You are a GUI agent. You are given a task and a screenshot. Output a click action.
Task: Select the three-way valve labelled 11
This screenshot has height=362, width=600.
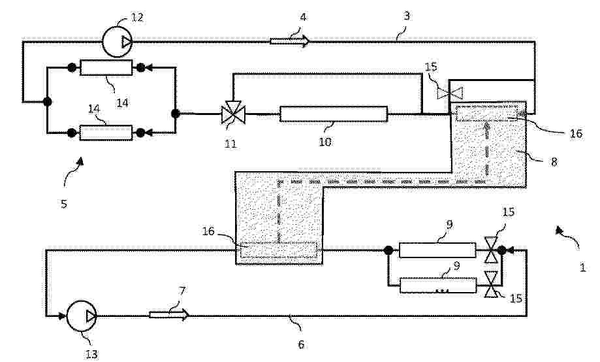pos(234,112)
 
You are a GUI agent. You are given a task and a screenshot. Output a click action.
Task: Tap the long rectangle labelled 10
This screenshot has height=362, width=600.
pos(333,114)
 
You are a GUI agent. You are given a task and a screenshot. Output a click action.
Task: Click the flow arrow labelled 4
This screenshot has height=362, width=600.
pos(290,41)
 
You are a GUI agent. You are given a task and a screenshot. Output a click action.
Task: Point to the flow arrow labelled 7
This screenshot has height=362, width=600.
pos(168,315)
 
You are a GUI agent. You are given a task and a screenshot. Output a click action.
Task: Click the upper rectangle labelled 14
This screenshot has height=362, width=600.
pos(106,67)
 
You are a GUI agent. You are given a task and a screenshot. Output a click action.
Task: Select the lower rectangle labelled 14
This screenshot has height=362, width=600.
pos(106,133)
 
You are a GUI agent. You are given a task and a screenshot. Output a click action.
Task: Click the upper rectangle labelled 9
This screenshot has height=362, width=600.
pos(437,250)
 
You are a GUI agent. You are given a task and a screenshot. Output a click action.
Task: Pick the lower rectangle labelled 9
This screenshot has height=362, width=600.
pos(438,286)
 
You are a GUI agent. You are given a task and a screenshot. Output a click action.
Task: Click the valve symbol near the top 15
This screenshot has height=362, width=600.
pos(450,93)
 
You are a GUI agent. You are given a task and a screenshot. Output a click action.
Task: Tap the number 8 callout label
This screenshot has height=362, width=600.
pos(554,162)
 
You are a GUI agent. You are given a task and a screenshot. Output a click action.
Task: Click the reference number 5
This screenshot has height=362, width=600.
pos(64,203)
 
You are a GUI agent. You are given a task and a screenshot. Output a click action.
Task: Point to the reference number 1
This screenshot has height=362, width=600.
pos(582,267)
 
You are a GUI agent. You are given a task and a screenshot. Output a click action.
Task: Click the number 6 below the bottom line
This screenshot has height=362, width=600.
pos(301,344)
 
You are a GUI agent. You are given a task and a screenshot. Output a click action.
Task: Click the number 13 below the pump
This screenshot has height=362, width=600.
pos(91,354)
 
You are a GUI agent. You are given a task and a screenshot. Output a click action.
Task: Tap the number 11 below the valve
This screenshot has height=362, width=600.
pos(230,144)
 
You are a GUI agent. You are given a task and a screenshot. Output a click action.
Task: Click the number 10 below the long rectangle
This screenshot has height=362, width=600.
pos(325,142)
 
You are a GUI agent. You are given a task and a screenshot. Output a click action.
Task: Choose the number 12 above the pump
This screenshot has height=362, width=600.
pos(137,17)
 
